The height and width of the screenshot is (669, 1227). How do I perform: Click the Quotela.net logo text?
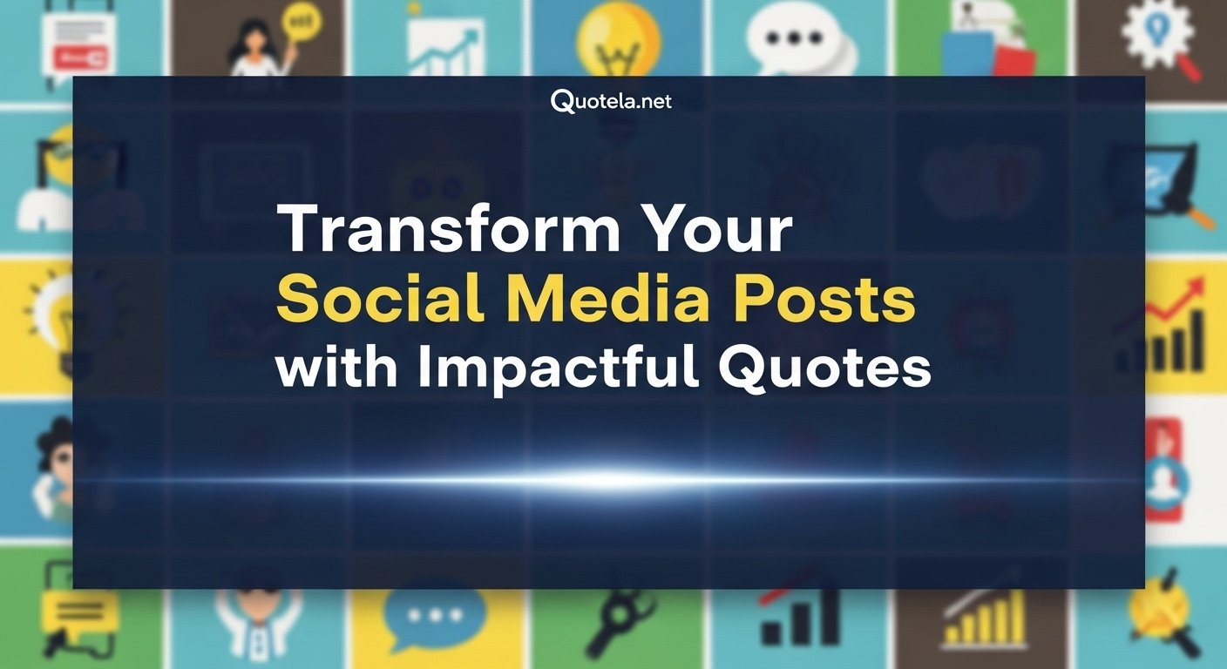(612, 102)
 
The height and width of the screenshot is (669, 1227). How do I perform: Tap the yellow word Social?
(381, 300)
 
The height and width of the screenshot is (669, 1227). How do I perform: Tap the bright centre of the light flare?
(610, 477)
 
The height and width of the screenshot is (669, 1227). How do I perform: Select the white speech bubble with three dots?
(798, 39)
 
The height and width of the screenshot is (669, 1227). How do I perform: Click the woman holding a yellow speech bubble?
(261, 39)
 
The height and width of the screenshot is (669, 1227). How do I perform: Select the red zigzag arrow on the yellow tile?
(1176, 314)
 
